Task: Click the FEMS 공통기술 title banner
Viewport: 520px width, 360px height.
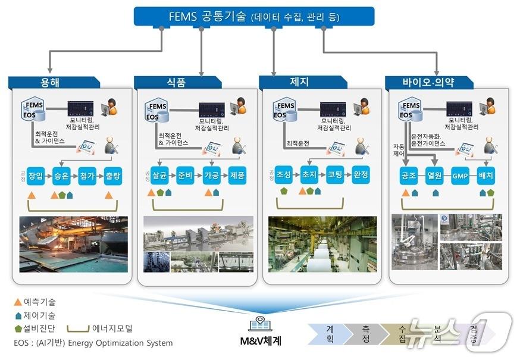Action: (x=254, y=17)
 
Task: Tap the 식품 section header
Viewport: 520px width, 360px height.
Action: (x=176, y=83)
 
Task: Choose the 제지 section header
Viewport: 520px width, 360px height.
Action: (x=299, y=82)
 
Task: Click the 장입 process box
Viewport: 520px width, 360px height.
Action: (x=36, y=176)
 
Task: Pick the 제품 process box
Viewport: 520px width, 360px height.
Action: (x=237, y=176)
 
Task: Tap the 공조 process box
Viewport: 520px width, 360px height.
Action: (x=409, y=176)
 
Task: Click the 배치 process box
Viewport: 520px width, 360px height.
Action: (x=487, y=176)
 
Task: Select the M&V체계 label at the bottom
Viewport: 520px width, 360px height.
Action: (x=259, y=341)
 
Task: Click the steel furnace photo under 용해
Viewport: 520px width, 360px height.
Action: (x=74, y=244)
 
